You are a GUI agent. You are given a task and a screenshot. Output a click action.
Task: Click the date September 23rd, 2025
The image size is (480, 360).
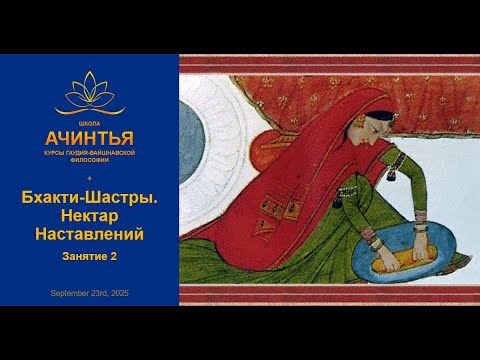click(x=89, y=292)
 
